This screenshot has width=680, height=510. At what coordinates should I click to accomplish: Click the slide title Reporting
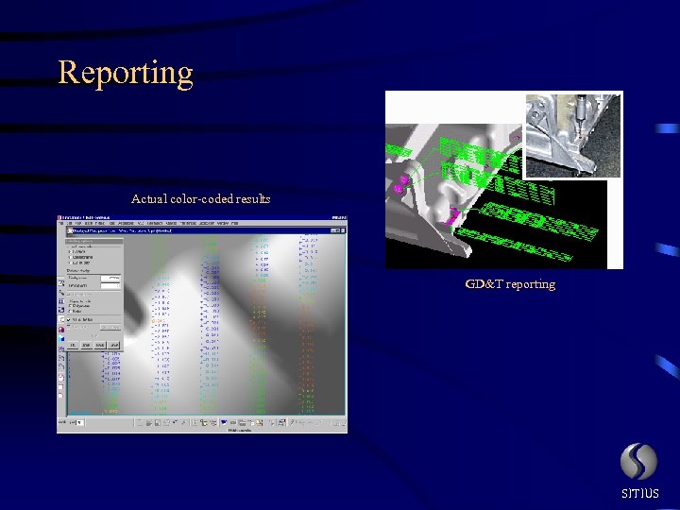coord(126,73)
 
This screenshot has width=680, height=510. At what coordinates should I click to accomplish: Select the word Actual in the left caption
coord(148,198)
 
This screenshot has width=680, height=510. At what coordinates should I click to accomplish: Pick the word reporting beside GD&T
coord(531,284)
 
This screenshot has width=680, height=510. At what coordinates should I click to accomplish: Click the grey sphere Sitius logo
coord(638,462)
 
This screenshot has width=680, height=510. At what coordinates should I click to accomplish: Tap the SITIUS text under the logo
coord(639,493)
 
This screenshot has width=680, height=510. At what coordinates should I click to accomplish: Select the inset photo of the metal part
coord(573,134)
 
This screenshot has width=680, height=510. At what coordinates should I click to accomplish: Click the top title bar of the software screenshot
coord(202,219)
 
